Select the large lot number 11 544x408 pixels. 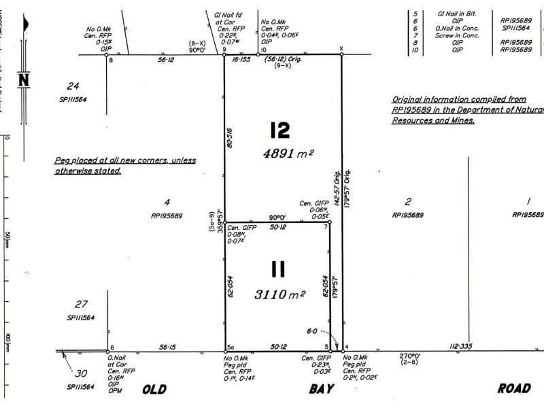278,271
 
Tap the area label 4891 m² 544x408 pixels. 288,154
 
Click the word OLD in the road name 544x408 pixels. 154,390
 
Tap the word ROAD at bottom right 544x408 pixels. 513,389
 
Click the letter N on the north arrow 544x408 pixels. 24,80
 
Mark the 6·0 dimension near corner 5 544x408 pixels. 311,331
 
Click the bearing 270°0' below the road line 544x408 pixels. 409,356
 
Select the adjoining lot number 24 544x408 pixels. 73,86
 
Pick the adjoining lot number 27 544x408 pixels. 82,304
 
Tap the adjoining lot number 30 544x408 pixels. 82,373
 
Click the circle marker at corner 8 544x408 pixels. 107,56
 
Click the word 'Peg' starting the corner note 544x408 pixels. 62,160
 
